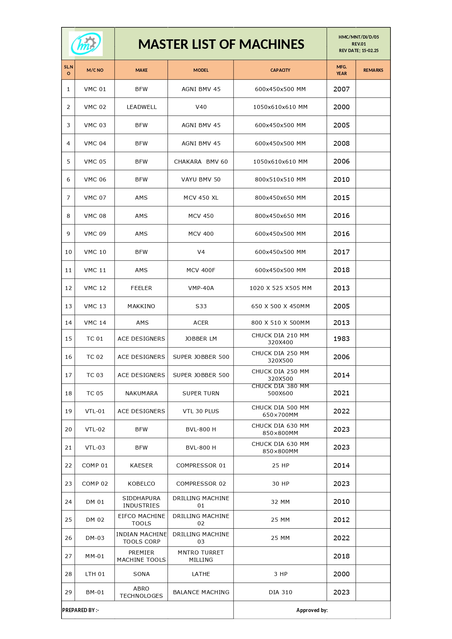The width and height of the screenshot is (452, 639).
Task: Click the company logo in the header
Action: [x=86, y=44]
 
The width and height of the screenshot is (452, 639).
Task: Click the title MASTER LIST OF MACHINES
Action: [x=221, y=44]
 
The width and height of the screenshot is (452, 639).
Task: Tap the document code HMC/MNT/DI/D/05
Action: [x=358, y=37]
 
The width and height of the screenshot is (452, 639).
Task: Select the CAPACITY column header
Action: [x=280, y=70]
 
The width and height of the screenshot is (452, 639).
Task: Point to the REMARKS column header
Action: [x=373, y=70]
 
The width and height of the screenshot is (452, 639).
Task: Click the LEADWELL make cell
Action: [x=141, y=107]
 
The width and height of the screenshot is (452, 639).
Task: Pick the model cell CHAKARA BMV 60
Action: [x=201, y=161]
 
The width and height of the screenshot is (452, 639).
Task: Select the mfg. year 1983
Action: [x=341, y=338]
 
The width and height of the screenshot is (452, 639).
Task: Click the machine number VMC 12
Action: [x=95, y=288]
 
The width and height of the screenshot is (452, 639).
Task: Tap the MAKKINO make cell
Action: [x=141, y=306]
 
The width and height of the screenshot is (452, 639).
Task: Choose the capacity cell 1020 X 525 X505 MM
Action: [x=280, y=288]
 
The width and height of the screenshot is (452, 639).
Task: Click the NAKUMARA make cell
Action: [x=141, y=393]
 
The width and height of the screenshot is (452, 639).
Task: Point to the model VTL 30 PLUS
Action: [x=201, y=411]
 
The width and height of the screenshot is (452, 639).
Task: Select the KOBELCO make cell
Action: [x=141, y=483]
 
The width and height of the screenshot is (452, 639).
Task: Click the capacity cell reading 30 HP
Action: [x=280, y=483]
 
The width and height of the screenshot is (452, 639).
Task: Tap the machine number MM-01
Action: [x=95, y=556]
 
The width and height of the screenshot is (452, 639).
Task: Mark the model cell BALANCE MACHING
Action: [x=201, y=592]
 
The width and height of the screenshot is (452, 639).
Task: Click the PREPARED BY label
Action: [x=80, y=610]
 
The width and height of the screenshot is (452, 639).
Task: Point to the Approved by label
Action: [x=312, y=610]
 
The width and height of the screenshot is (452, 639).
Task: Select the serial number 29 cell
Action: [x=68, y=592]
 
